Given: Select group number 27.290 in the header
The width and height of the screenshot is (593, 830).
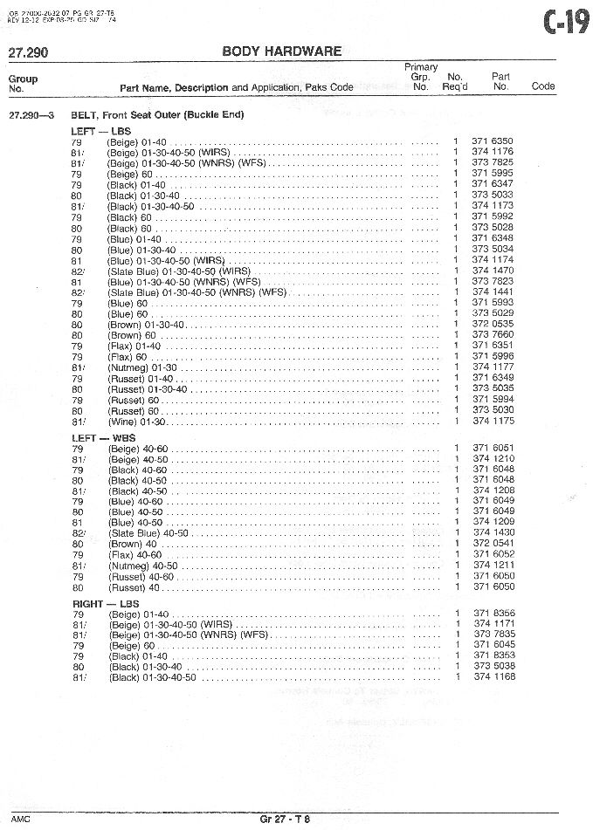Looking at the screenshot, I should [27, 52].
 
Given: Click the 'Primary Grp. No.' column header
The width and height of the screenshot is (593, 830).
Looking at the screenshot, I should [421, 77].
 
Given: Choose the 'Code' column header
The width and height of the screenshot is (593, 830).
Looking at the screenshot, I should [543, 87].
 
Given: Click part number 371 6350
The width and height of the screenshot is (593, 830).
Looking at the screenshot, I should [493, 141].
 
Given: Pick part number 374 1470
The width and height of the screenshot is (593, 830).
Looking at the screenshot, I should [493, 271].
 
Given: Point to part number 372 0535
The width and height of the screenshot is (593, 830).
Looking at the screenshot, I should [493, 325].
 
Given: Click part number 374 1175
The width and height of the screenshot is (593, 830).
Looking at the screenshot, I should [493, 422].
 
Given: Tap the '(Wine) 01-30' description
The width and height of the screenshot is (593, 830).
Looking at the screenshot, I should [136, 422].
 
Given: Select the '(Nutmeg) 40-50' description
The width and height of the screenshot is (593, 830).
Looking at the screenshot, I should [143, 566].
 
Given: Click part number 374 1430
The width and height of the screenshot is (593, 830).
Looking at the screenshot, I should [493, 532].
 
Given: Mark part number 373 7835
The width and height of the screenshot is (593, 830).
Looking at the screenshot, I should [493, 635].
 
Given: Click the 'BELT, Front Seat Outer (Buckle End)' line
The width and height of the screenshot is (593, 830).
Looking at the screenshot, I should [157, 115].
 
